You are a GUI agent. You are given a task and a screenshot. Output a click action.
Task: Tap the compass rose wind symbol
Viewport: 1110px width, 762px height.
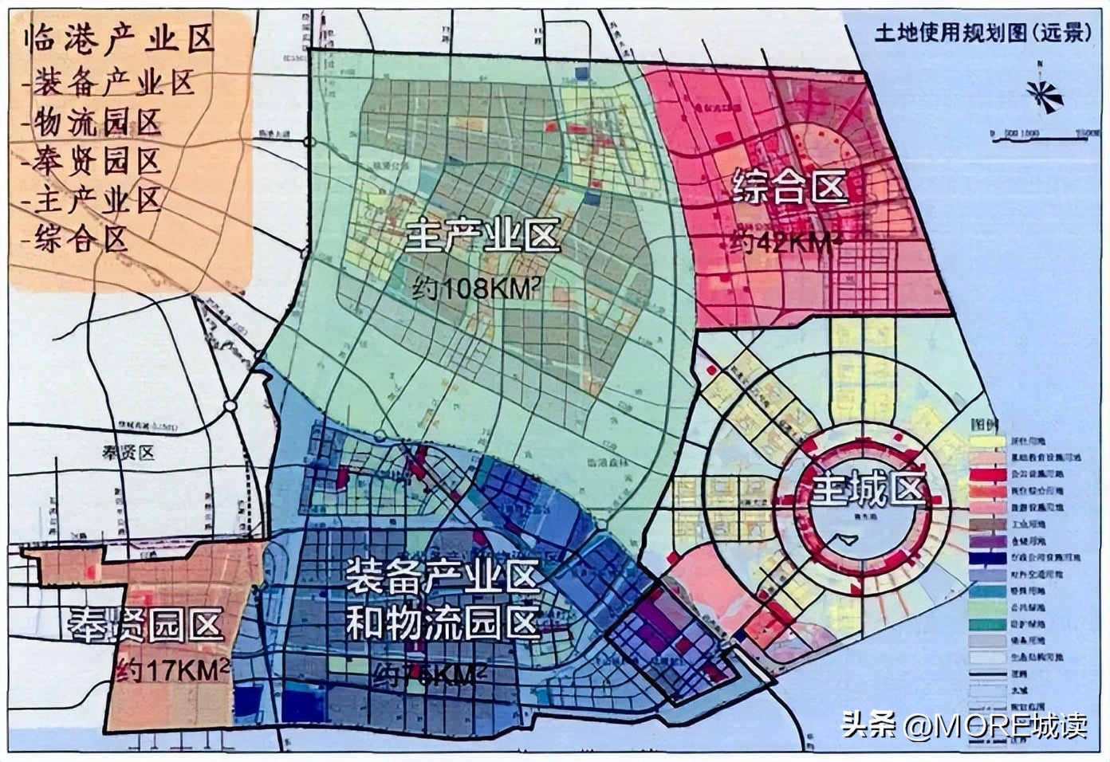coord(1045,96)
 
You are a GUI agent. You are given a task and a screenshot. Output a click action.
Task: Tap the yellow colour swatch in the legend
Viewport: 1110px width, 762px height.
coord(986,440)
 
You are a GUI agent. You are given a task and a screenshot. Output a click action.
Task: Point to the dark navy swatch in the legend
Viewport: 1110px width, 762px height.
coord(986,558)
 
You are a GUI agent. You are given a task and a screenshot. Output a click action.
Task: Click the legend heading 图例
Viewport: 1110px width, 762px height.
coord(980,421)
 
